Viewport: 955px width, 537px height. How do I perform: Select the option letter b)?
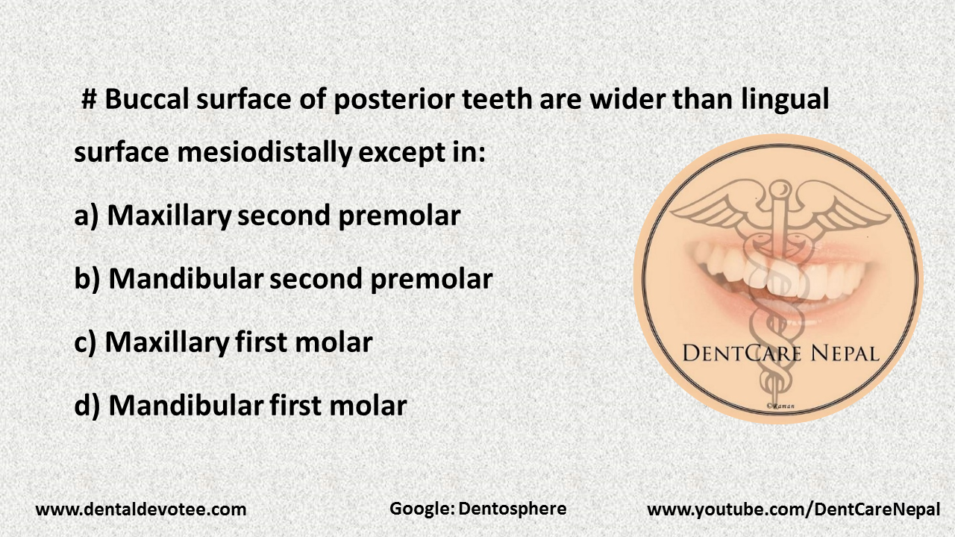click(87, 280)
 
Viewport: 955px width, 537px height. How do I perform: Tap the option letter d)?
click(87, 406)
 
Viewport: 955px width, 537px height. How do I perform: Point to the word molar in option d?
click(369, 406)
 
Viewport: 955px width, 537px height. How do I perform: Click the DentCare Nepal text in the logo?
click(780, 353)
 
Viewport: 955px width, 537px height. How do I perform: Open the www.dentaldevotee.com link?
click(141, 510)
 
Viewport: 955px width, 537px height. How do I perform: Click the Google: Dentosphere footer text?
click(477, 509)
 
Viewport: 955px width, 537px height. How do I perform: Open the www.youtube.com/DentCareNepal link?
click(793, 510)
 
